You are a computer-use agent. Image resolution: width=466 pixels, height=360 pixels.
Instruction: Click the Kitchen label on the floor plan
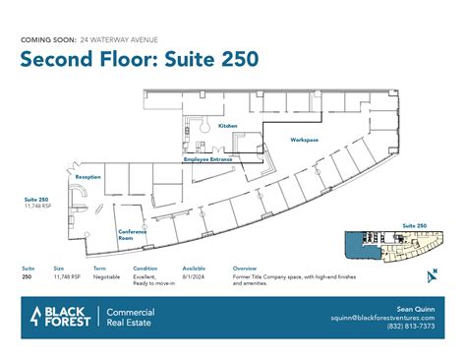tap(227, 127)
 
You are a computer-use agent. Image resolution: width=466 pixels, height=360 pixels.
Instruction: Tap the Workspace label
tap(304, 140)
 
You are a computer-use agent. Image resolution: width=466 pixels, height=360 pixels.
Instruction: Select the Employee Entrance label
tap(207, 158)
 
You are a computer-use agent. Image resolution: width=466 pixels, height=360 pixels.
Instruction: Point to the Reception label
tap(88, 177)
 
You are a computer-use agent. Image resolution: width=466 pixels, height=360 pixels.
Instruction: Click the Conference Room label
tap(133, 235)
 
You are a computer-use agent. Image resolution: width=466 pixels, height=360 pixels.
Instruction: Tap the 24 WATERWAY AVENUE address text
tap(115, 38)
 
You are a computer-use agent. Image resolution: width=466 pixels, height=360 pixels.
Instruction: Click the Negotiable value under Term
tap(107, 277)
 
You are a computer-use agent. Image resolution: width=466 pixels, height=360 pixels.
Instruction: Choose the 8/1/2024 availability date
tap(194, 277)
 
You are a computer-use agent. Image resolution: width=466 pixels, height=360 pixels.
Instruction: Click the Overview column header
tap(245, 268)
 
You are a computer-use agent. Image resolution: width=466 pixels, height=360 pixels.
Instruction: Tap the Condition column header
tap(145, 268)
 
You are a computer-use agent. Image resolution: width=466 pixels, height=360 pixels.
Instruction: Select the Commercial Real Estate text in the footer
tap(130, 317)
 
